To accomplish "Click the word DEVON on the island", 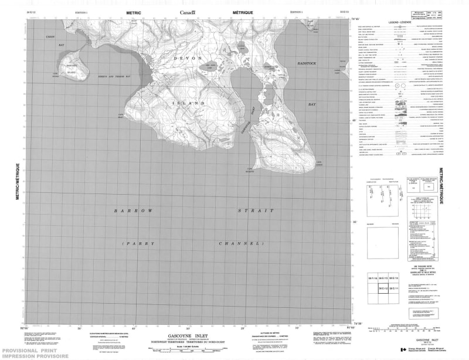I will [x=187, y=59].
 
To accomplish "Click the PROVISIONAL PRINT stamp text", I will [x=26, y=348].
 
